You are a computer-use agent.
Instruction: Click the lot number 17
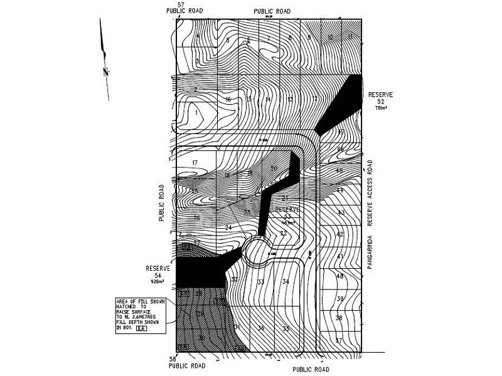(195, 163)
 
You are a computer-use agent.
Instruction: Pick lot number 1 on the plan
(196, 113)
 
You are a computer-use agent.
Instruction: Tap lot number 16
(228, 100)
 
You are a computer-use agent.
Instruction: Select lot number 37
(339, 341)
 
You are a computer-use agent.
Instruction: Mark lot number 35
(286, 329)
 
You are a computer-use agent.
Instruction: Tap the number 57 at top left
(181, 5)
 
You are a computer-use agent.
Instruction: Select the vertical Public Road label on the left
(162, 203)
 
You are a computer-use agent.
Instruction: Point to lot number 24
(228, 227)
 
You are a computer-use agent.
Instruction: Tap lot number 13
(290, 100)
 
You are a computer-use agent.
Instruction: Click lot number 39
(339, 298)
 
